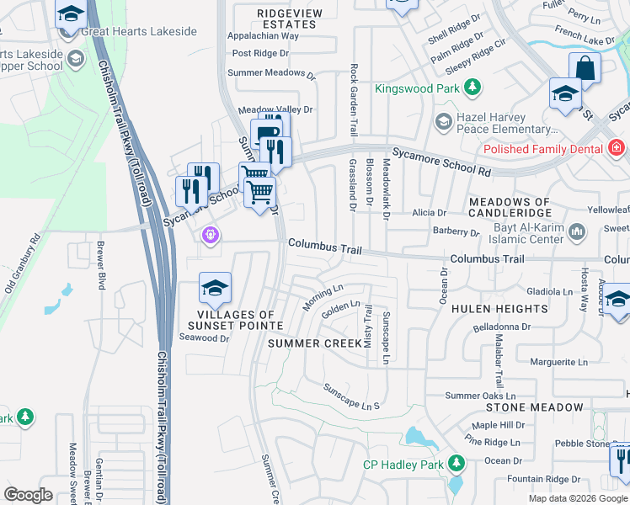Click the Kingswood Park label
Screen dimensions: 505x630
click(x=416, y=88)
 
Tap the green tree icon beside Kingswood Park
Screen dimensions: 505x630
click(x=473, y=88)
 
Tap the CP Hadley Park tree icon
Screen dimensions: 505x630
click(x=456, y=464)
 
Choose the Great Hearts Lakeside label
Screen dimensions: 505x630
click(x=139, y=32)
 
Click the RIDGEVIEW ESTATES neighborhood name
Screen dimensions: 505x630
click(x=287, y=19)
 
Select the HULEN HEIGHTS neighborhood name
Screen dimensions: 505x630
click(x=499, y=309)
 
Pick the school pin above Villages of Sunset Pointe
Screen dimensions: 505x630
click(x=216, y=289)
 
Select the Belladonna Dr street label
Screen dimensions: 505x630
click(x=502, y=326)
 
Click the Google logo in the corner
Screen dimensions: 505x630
click(x=29, y=495)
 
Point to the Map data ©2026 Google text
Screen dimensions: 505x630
click(x=578, y=498)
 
